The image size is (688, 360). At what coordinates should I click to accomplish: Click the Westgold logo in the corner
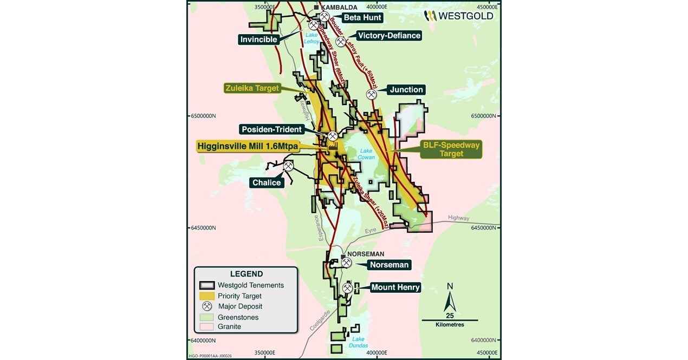tap(458, 16)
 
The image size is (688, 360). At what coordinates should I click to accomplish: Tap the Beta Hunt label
tap(362, 17)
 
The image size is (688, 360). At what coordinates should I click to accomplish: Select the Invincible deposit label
tap(259, 39)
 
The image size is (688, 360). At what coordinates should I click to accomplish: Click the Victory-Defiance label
tap(388, 36)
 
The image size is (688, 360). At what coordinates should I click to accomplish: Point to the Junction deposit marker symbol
tap(372, 94)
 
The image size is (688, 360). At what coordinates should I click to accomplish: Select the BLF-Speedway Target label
tap(451, 149)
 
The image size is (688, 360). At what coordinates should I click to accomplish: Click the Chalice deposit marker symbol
tap(289, 166)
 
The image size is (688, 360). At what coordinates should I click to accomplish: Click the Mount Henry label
tap(395, 287)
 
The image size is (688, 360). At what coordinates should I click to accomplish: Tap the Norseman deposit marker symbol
tap(346, 263)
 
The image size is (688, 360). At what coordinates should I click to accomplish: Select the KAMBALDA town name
tap(339, 7)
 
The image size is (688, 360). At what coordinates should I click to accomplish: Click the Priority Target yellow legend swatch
tap(206, 296)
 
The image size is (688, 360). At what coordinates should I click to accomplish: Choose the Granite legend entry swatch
tap(206, 326)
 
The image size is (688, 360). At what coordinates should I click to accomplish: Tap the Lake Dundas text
tap(359, 343)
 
